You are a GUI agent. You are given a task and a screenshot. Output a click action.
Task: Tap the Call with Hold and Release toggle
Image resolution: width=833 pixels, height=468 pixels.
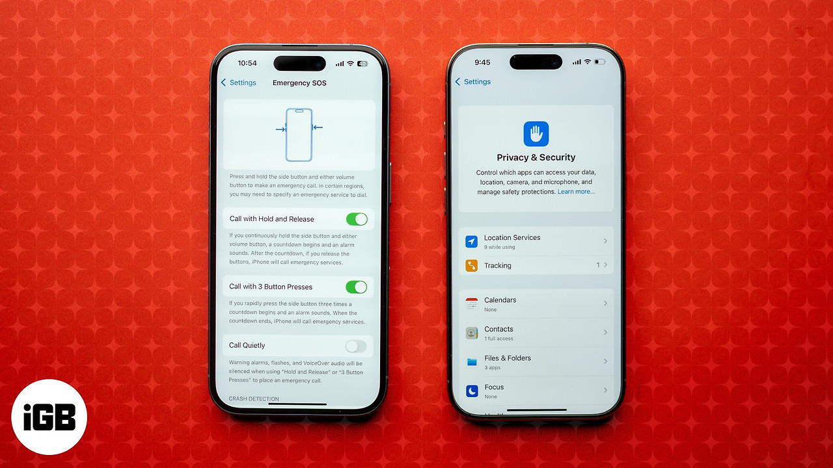(x=357, y=219)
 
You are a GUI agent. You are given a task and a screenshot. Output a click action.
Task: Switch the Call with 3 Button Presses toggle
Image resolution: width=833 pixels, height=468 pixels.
(x=356, y=287)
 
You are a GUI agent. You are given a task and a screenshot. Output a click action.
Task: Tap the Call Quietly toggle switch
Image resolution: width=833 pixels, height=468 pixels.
(x=356, y=346)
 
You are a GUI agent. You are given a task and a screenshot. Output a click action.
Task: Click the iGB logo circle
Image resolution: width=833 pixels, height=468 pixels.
(x=49, y=417)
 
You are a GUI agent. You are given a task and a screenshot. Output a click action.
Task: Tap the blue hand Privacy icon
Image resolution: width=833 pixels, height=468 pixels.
(x=536, y=134)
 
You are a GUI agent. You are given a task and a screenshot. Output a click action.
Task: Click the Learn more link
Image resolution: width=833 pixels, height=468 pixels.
(x=576, y=192)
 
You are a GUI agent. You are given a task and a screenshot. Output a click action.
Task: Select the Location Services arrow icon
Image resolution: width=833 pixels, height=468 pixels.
(x=472, y=241)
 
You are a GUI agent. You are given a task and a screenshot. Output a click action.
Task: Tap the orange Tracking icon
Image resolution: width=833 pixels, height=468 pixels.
(x=472, y=266)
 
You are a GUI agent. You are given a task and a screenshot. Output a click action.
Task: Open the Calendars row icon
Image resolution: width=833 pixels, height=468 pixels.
(x=472, y=304)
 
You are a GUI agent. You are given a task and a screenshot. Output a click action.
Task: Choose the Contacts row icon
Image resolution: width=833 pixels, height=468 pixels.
(x=472, y=333)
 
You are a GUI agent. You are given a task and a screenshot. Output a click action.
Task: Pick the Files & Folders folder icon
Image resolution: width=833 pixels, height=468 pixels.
(x=472, y=362)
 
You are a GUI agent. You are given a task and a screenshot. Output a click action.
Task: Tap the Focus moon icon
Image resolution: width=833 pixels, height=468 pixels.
(x=472, y=391)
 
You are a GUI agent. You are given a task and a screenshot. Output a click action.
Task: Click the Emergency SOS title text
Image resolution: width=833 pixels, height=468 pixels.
(x=299, y=83)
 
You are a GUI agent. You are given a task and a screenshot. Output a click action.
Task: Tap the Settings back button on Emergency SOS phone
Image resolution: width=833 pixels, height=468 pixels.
(x=238, y=83)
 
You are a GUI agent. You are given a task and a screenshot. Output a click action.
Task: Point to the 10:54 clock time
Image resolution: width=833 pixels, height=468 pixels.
(x=247, y=63)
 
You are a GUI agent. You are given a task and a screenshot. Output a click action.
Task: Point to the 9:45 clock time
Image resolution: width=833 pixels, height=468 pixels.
(x=482, y=62)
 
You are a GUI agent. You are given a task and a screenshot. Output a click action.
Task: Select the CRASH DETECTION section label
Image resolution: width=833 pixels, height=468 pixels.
(x=254, y=398)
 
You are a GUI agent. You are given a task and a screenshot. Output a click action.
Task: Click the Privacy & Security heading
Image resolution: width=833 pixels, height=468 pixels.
(x=536, y=157)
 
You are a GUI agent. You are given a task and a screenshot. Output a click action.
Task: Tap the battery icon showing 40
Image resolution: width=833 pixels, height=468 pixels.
(x=362, y=64)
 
